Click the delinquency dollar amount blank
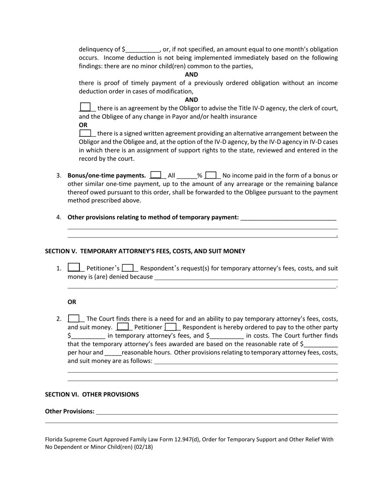(143, 50)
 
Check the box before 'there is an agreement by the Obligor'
(85, 108)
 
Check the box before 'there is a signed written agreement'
(85, 133)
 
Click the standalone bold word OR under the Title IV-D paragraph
(83, 125)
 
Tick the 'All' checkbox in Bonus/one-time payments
(155, 175)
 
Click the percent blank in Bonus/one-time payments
(187, 176)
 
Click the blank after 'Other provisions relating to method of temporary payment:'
(288, 217)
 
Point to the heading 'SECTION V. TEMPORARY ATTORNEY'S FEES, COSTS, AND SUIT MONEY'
(145, 251)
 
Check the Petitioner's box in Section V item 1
(74, 268)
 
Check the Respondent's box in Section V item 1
(128, 268)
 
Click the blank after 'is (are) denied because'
(246, 277)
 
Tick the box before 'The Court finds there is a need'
(74, 319)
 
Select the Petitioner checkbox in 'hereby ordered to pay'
(123, 327)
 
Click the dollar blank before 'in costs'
(227, 336)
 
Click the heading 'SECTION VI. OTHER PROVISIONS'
(92, 394)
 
